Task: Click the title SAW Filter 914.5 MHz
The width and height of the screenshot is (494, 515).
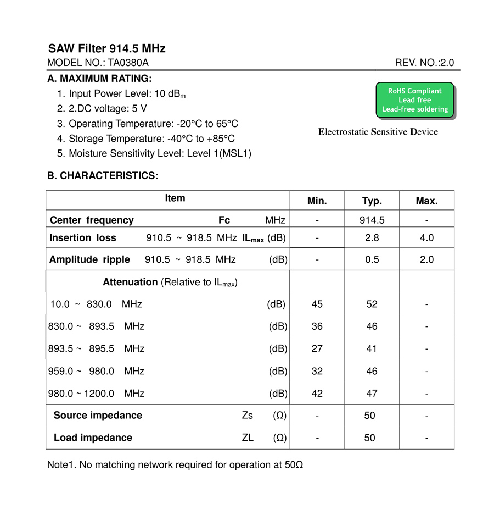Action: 106,48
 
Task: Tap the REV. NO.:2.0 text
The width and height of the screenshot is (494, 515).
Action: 424,63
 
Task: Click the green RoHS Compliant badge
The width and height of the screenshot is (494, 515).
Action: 414,100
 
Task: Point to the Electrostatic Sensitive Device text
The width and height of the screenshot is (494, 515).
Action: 378,132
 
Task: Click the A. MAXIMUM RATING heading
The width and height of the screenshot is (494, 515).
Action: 99,79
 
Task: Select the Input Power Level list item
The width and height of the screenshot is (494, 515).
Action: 121,94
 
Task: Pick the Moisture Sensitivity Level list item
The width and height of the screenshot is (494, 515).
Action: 154,153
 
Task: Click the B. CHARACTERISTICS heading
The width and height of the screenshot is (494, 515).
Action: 103,176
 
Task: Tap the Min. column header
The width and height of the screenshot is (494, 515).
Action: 317,201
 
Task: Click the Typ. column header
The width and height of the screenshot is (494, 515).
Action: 372,201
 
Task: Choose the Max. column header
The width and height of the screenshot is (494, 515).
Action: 426,201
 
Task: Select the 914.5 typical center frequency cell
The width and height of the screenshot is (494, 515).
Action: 372,220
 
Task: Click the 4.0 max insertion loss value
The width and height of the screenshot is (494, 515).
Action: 426,238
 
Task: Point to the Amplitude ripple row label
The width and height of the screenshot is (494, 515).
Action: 89,259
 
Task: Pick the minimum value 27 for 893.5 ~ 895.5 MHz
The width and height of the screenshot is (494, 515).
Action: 317,348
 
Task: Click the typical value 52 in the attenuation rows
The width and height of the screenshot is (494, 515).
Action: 372,304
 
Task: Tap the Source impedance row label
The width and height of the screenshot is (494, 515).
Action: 98,416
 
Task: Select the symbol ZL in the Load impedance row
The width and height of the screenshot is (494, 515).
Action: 248,438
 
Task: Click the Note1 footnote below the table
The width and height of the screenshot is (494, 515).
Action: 175,465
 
